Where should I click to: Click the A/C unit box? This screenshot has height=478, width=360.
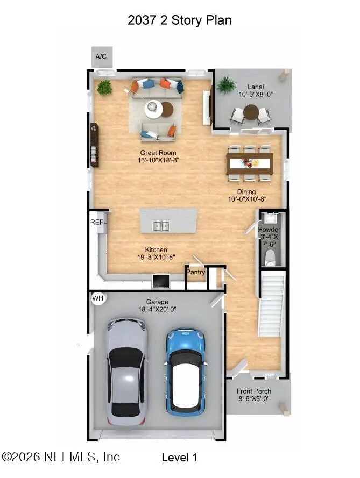tap(101, 56)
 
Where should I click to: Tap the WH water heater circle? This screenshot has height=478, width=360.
tap(98, 298)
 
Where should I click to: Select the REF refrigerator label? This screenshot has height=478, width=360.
tap(97, 222)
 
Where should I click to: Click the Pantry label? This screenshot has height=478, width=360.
tap(196, 272)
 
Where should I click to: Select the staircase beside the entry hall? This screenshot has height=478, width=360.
tap(272, 304)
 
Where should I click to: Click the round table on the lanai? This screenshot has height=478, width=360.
tap(251, 112)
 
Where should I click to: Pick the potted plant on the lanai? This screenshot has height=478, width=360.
tap(226, 84)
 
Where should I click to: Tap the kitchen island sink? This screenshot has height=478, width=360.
tap(161, 226)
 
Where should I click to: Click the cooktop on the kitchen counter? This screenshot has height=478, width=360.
tap(161, 281)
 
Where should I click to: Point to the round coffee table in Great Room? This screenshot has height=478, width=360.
tap(154, 110)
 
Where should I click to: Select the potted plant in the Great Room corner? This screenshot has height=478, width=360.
tap(104, 88)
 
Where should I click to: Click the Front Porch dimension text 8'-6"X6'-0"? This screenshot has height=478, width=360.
tap(255, 399)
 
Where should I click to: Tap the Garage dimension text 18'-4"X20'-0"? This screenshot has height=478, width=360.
tap(158, 309)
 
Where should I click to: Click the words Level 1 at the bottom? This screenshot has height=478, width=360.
tap(179, 458)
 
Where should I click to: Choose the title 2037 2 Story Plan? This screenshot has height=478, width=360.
tap(180, 20)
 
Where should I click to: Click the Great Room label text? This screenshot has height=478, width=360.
tap(158, 153)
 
